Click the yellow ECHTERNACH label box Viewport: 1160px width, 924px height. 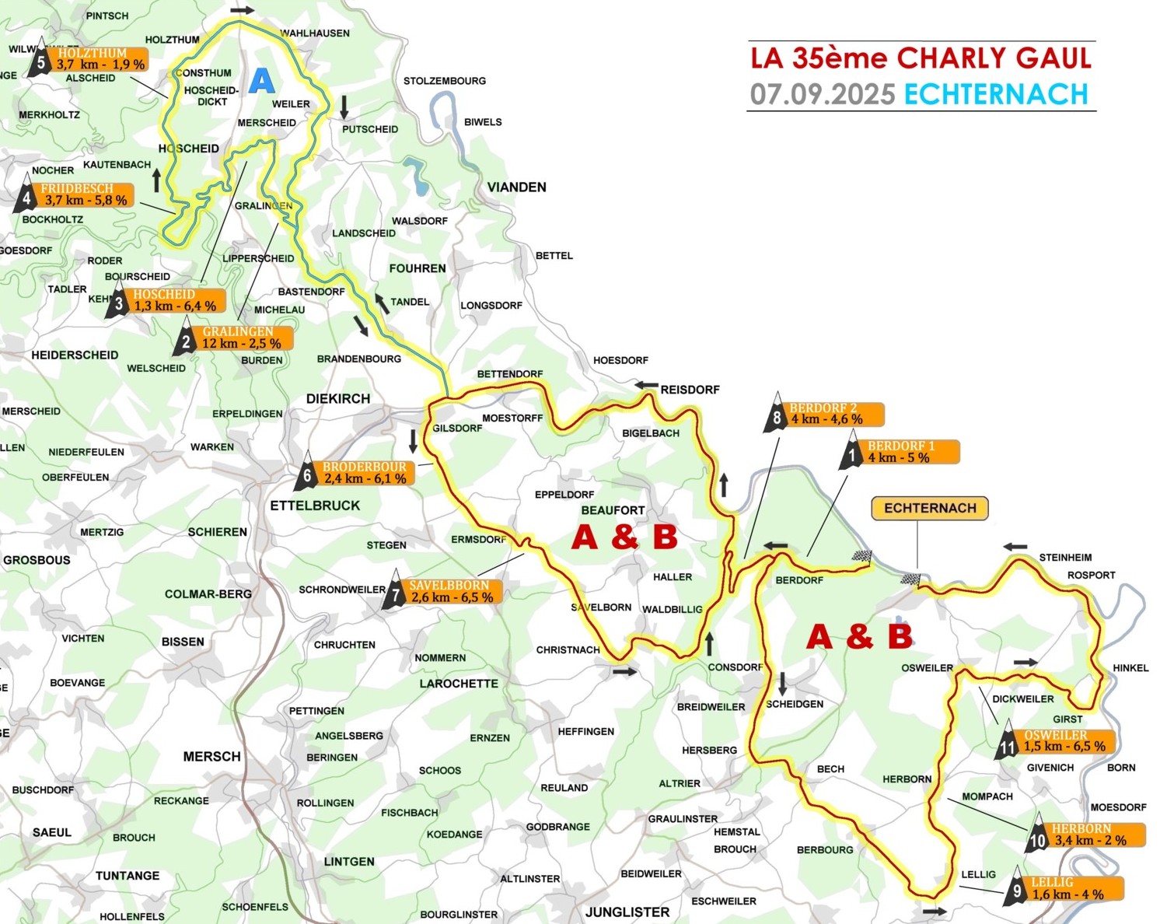930,508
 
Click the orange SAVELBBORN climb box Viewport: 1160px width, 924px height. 451,591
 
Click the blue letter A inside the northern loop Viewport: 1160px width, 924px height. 262,81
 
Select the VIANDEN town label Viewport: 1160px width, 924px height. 516,187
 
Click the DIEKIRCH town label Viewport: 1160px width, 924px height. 338,398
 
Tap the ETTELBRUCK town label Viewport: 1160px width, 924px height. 315,506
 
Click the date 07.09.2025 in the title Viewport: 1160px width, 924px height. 823,94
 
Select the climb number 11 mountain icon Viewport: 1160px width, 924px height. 1007,743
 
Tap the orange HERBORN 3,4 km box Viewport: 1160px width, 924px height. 1096,835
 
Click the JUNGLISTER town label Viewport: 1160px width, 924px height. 627,912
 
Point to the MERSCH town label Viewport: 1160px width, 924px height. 211,756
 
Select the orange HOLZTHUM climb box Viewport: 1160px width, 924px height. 100,59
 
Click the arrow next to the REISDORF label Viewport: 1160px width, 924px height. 646,385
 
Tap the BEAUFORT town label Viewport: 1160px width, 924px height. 613,510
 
